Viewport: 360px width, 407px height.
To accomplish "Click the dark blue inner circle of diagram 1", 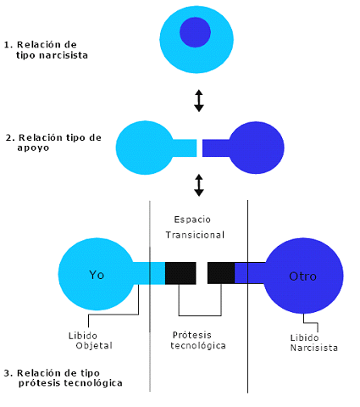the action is [195, 32].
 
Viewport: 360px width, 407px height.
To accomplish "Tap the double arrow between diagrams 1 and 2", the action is [199, 101].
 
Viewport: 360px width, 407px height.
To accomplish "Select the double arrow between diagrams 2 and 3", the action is [199, 185].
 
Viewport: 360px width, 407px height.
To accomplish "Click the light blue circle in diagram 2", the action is [145, 148].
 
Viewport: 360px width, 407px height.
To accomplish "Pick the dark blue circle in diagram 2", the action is [257, 148].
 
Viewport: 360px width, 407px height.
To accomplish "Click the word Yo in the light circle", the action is [97, 275].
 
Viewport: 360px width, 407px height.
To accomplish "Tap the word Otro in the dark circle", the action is [302, 276].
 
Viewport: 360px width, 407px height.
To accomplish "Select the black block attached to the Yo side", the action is [180, 273].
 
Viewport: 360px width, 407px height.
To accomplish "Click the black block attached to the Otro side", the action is [221, 273].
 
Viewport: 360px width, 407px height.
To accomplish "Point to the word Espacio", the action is [192, 220].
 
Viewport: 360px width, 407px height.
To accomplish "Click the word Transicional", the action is [195, 235].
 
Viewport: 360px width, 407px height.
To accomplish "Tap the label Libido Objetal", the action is [91, 341].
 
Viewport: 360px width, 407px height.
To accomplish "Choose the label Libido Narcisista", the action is [314, 343].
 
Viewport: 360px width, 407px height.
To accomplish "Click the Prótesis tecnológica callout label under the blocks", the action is [198, 340].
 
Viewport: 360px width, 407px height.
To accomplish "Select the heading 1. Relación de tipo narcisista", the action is [46, 50].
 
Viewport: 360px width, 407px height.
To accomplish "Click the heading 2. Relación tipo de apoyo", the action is [53, 142].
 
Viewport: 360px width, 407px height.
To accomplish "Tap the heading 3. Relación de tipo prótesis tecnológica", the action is [63, 378].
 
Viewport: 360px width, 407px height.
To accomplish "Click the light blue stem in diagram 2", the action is [185, 148].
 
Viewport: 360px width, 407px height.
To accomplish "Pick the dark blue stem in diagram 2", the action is [216, 148].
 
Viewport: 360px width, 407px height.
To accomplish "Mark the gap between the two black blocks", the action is [202, 273].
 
